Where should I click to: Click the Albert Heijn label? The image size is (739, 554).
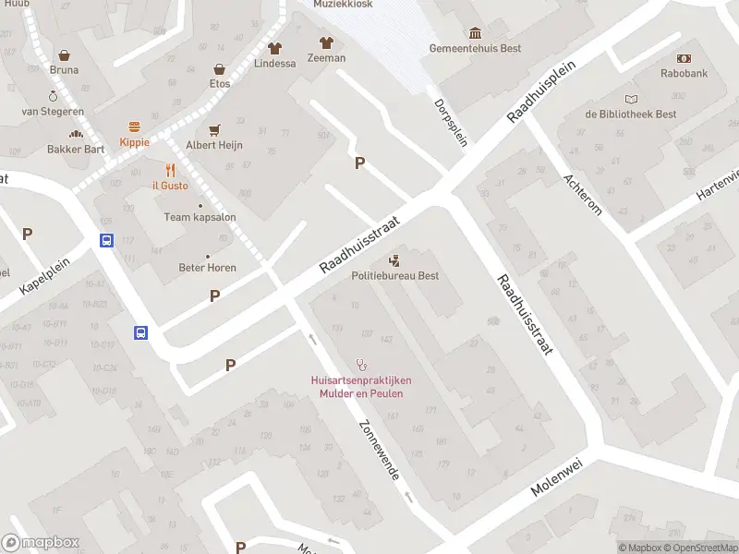point(214,145)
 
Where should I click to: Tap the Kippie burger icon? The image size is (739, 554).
point(134,126)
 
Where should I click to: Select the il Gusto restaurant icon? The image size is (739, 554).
point(170,170)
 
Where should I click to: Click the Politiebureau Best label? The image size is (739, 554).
point(394,275)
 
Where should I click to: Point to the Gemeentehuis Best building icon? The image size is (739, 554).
point(475,33)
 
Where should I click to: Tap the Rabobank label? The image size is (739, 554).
point(683,72)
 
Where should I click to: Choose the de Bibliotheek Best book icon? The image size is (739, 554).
point(631,99)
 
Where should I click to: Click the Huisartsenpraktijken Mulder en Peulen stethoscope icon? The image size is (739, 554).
point(361,365)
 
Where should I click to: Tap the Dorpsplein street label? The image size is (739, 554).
point(451,117)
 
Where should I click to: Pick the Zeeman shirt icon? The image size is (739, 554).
point(326,42)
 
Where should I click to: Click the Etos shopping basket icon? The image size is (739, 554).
point(220,69)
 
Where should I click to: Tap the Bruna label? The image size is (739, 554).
point(64,69)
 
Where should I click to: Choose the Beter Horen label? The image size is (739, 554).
point(207,268)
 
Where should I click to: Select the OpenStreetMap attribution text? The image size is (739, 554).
point(702,548)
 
